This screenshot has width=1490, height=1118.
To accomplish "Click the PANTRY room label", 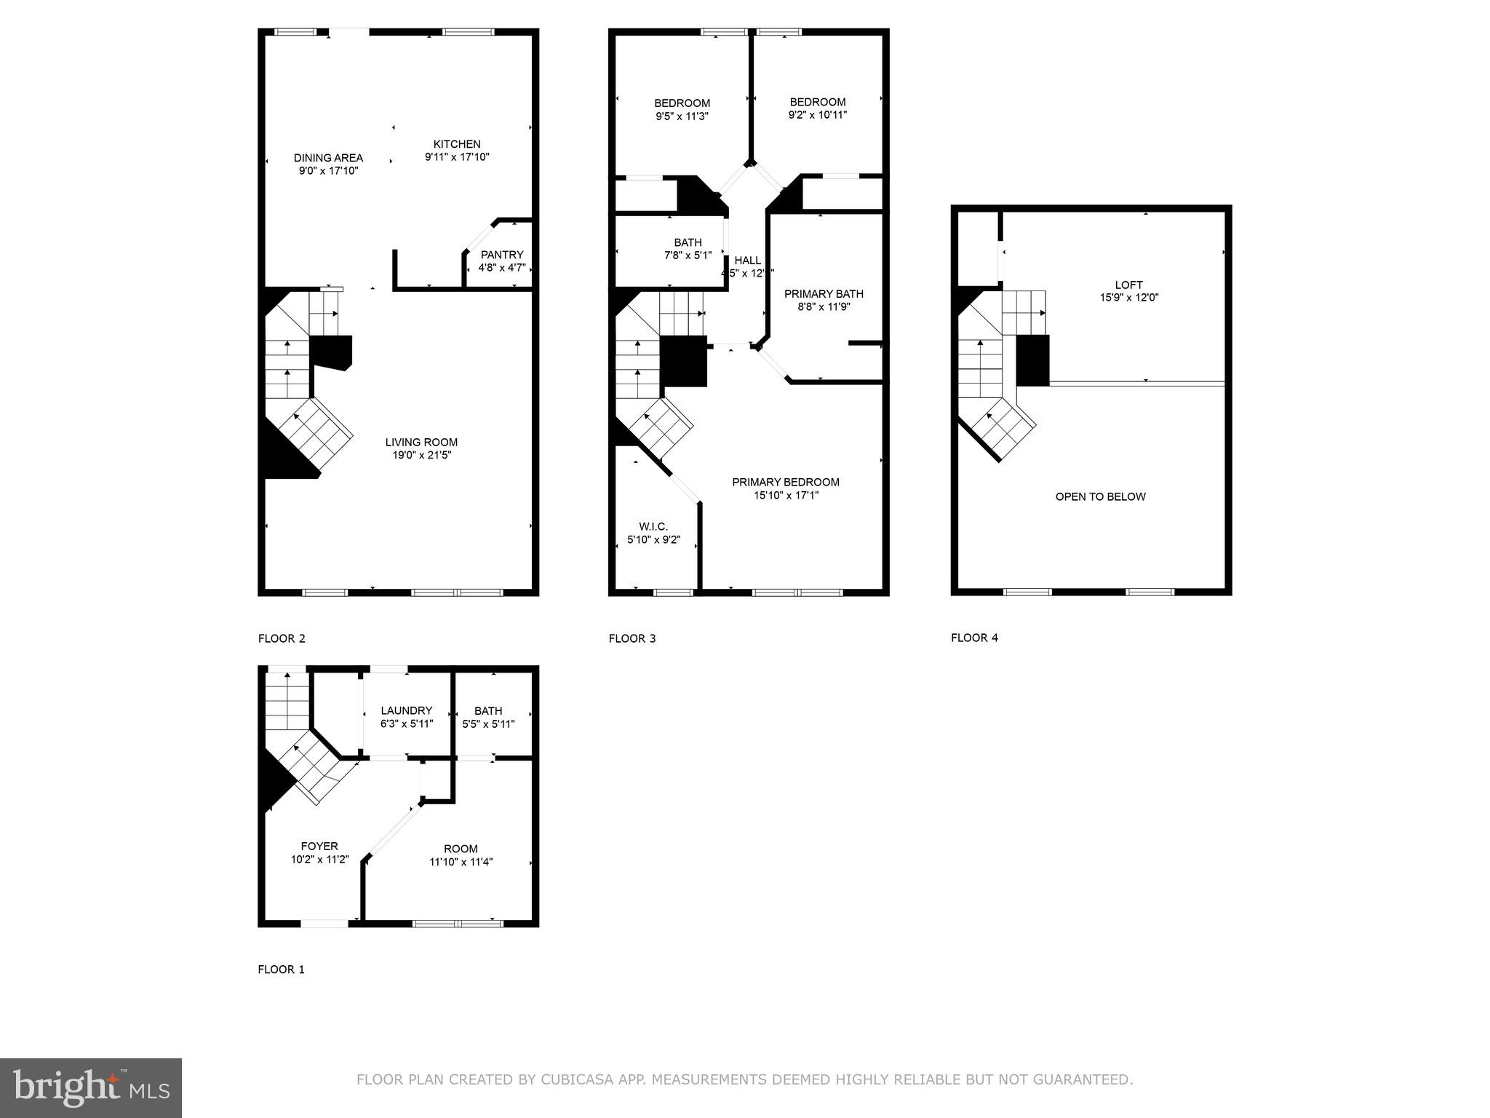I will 502,255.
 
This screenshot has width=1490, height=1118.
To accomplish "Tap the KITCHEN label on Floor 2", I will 457,144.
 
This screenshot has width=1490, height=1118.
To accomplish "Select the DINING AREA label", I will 328,158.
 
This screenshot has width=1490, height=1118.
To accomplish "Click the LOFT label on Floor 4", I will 1128,285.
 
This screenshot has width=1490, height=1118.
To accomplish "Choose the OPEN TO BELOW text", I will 1100,497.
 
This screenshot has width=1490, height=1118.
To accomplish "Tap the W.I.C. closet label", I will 653,526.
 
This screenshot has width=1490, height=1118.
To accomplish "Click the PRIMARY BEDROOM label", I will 786,482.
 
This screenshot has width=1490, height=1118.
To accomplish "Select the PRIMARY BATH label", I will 824,294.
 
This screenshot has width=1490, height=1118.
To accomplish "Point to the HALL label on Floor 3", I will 747,261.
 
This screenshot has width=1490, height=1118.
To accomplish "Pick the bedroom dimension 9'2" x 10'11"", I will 818,115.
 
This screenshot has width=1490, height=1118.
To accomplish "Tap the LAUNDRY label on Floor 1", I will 406,710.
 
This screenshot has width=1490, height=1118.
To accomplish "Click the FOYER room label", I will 319,846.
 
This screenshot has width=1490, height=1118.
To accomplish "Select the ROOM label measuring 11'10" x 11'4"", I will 461,849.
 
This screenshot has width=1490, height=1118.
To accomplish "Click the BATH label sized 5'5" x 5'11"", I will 488,710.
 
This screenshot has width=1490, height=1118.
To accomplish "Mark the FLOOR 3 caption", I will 632,638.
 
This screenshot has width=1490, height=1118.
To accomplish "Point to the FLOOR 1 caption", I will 281,970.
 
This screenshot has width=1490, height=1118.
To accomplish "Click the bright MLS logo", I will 91,1088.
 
